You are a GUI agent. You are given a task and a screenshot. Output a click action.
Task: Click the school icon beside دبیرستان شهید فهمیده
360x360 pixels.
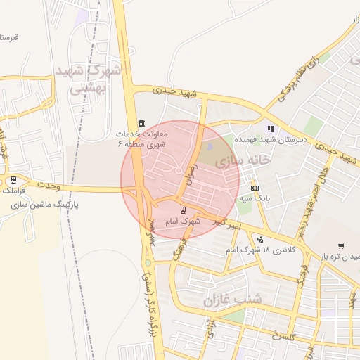point(271,129)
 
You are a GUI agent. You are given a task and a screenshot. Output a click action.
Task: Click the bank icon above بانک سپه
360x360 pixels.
point(254,188)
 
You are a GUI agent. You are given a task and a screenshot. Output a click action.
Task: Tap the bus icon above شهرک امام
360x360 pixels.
point(183,210)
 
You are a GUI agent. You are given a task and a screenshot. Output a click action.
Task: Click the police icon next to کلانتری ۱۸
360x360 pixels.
point(260,239)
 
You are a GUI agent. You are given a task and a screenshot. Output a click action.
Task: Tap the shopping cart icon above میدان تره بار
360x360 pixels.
point(341,245)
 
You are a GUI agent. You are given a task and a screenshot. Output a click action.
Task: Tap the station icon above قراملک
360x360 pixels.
point(14,179)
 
